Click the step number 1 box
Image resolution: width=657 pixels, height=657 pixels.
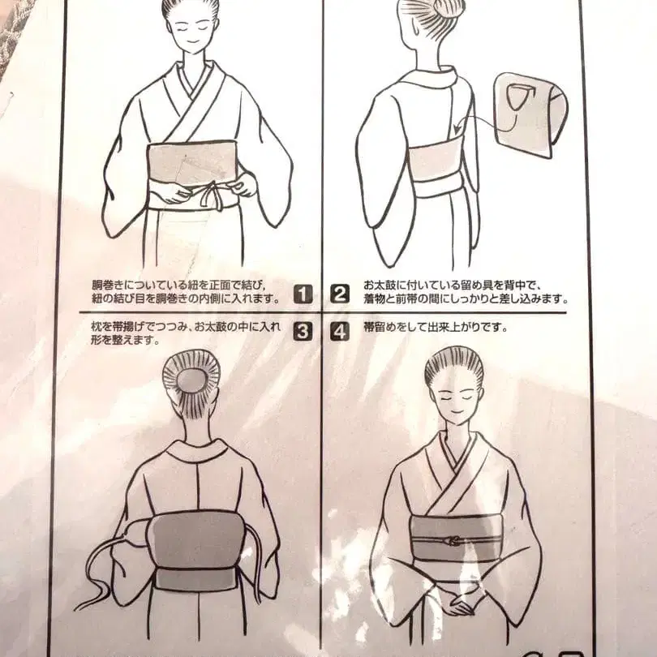point(302,294)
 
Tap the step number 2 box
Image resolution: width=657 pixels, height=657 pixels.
point(341,294)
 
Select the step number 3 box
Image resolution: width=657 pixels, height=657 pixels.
point(302,331)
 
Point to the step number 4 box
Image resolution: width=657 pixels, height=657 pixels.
point(341,331)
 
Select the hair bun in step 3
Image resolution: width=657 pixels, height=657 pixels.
point(191,378)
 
